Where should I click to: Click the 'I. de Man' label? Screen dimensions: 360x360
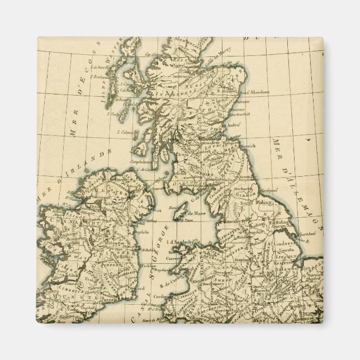click(x=195, y=214)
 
